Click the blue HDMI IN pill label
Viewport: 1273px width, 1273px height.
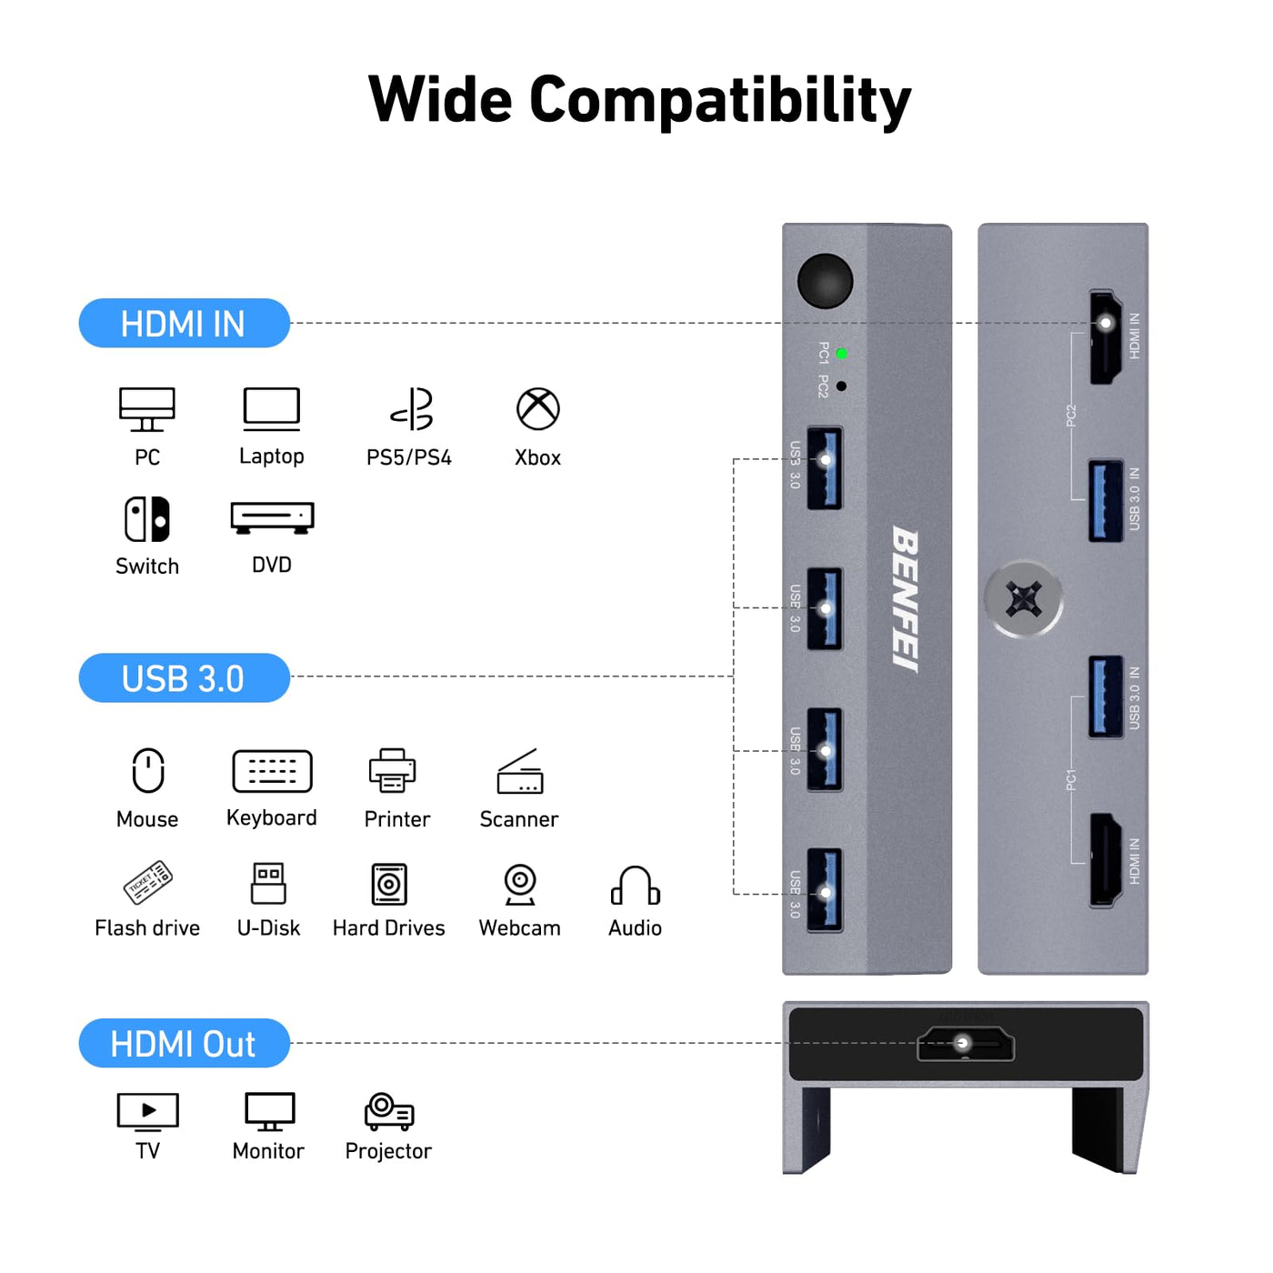[184, 324]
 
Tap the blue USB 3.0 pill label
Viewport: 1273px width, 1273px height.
[184, 678]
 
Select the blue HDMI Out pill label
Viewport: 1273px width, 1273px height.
[184, 1044]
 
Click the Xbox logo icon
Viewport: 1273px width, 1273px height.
[538, 409]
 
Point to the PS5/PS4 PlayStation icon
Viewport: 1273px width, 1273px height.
[412, 409]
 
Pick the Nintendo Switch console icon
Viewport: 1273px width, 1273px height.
[147, 519]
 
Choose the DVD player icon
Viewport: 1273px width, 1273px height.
[272, 517]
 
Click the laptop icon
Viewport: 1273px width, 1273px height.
[271, 409]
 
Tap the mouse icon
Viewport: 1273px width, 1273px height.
[148, 771]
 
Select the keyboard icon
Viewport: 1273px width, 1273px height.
[272, 771]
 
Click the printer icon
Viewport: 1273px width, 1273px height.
[393, 770]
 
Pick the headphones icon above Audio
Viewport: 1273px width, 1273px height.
[635, 886]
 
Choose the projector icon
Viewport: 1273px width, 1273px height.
[389, 1111]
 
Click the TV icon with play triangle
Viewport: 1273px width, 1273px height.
[148, 1111]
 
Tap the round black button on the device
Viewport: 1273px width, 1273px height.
[825, 280]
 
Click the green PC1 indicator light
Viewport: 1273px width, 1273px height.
[841, 354]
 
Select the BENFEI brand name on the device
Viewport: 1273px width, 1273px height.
[906, 599]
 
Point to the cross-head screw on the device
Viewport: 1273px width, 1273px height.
[1024, 599]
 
